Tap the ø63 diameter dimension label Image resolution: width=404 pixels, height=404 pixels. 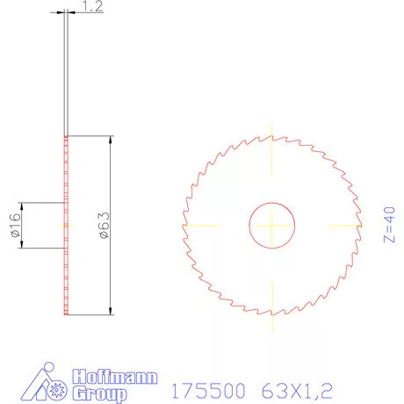[x=102, y=225]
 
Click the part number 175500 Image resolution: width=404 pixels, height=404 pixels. [x=209, y=387]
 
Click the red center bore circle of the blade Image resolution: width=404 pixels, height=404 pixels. [x=272, y=225]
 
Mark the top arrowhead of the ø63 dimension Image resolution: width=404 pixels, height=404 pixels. [x=112, y=141]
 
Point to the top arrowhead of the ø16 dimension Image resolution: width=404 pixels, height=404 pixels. [x=22, y=206]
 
